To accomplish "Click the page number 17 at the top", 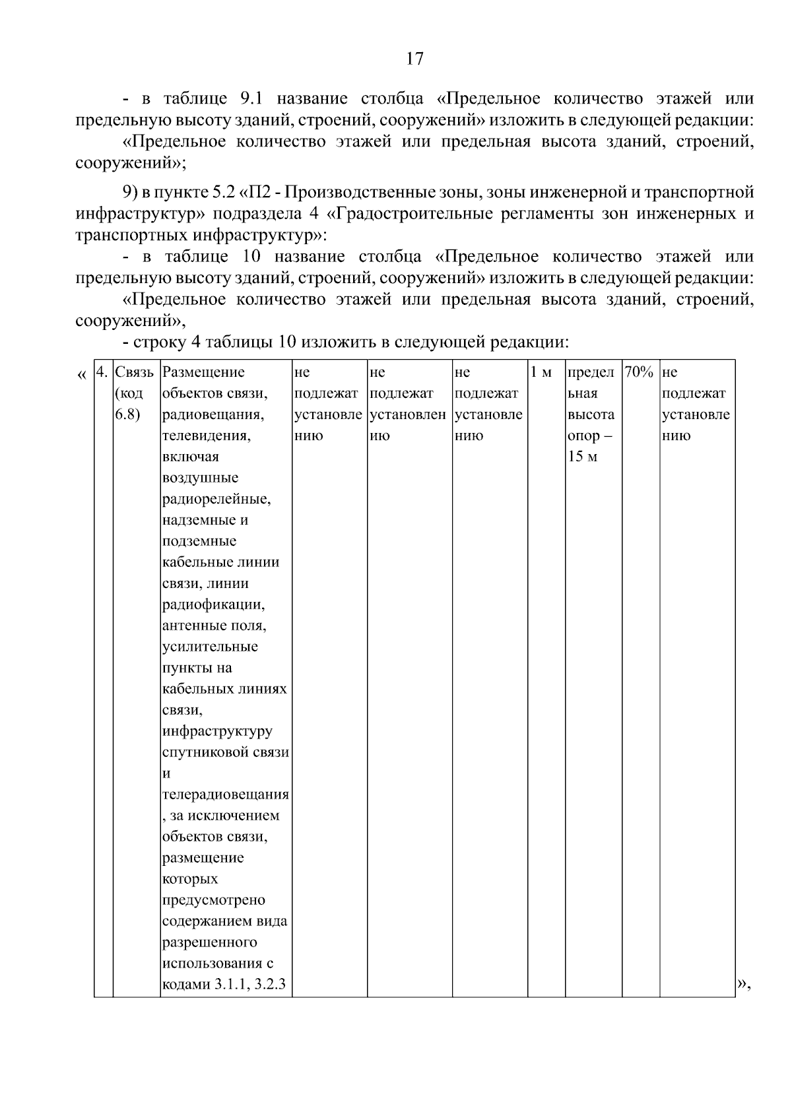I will coord(414,59).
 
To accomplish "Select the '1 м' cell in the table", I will coord(541,372).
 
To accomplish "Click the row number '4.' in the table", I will coord(102,372).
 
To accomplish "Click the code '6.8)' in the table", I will coord(127,414).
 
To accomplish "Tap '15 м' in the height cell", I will coord(581,457).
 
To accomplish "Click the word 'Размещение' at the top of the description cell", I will coord(203,372).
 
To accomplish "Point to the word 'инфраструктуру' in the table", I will coord(216,731).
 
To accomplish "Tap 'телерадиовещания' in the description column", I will coord(225,795).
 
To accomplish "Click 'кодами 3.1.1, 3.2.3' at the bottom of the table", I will coord(224,985).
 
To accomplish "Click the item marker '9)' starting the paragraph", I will coord(132,193).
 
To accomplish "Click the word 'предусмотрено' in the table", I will coord(213,900).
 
